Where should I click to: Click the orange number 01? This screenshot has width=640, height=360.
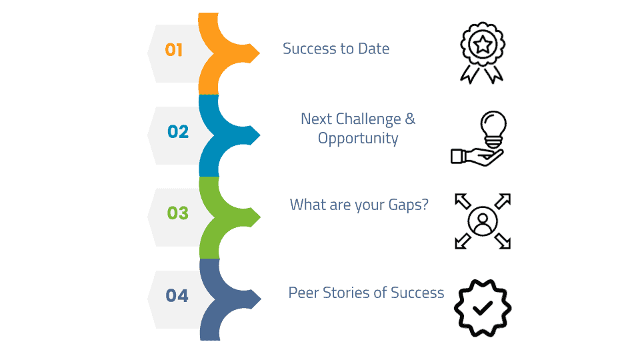click(x=174, y=50)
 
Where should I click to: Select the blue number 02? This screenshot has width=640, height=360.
click(x=178, y=131)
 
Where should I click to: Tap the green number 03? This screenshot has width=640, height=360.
click(x=177, y=213)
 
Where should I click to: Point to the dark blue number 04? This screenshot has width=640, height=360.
click(x=177, y=295)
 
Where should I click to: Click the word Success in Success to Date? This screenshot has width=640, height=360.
click(x=310, y=49)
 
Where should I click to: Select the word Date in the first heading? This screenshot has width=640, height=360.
click(x=373, y=49)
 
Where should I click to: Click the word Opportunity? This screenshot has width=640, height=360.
click(x=358, y=139)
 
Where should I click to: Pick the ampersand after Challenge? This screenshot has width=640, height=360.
click(x=410, y=119)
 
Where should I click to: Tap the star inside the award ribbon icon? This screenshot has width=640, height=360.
click(x=483, y=44)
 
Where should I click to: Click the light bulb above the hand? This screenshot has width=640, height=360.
click(x=493, y=129)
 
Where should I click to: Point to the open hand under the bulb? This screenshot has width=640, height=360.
click(x=477, y=157)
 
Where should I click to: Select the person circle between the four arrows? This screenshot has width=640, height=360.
click(x=483, y=221)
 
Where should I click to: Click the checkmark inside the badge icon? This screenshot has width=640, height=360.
click(x=483, y=308)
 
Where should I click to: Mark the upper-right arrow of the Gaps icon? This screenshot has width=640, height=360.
click(x=503, y=201)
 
